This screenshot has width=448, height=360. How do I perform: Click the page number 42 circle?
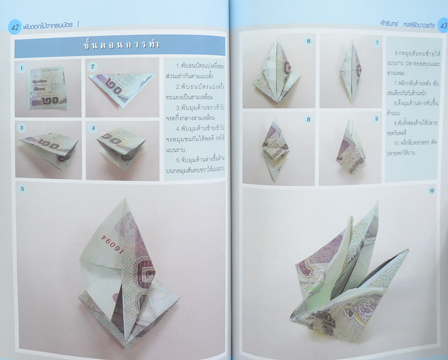tap(14, 27)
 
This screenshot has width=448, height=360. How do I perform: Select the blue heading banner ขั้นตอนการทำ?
tap(120, 45)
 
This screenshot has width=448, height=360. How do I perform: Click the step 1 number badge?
tap(21, 68)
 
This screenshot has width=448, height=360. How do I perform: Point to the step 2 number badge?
tap(92, 67)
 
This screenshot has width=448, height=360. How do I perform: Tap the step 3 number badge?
tap(22, 128)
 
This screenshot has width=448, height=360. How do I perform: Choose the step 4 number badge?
tap(93, 128)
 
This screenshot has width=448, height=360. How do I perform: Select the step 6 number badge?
tap(308, 41)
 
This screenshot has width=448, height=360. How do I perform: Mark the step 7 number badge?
tap(377, 43)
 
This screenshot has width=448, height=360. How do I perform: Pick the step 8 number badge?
tap(308, 120)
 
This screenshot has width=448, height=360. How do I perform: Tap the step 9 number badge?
tap(376, 119)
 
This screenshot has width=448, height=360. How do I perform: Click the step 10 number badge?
tap(431, 191)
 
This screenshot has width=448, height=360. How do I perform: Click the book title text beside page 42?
tap(51, 26)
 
